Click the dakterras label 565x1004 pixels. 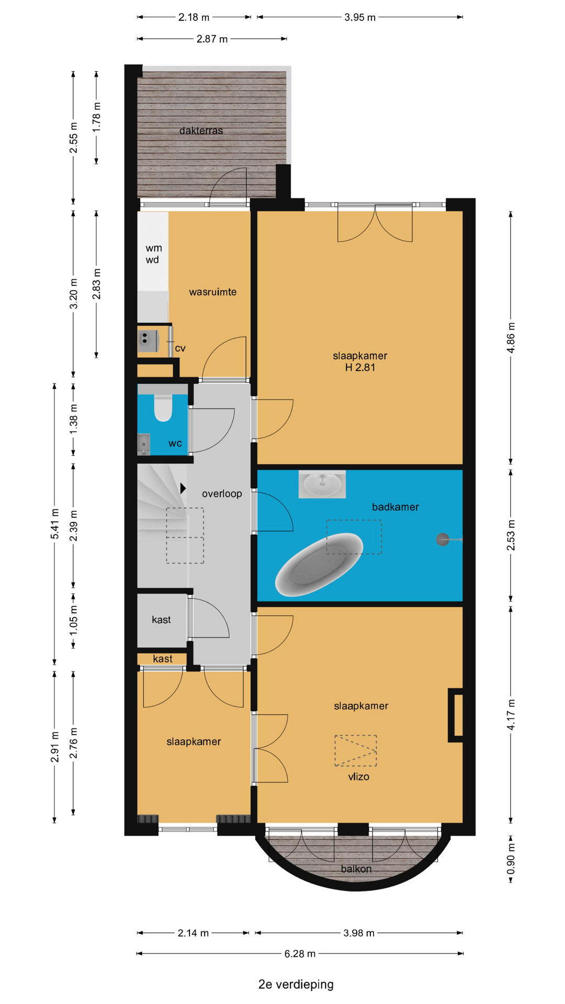coord(201,131)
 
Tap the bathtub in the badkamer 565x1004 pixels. coord(319,564)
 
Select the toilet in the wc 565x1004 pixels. coord(163,407)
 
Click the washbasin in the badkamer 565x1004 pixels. coord(322,484)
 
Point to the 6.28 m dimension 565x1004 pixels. coord(300,953)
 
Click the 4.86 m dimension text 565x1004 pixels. coord(511,338)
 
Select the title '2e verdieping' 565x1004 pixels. coord(296,984)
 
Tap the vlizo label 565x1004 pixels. coord(358,777)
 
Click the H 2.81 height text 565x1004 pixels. coord(360,367)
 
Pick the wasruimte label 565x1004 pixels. coord(213,292)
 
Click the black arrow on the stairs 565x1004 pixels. coord(183,488)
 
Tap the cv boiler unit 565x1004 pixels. coord(148,340)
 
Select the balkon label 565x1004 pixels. coord(356,869)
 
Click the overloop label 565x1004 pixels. coord(222,493)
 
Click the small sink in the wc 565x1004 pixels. coord(144,444)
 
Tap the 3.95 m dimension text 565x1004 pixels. coord(360,17)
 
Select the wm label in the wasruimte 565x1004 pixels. coord(154,248)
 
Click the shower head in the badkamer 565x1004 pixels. coord(443,539)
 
